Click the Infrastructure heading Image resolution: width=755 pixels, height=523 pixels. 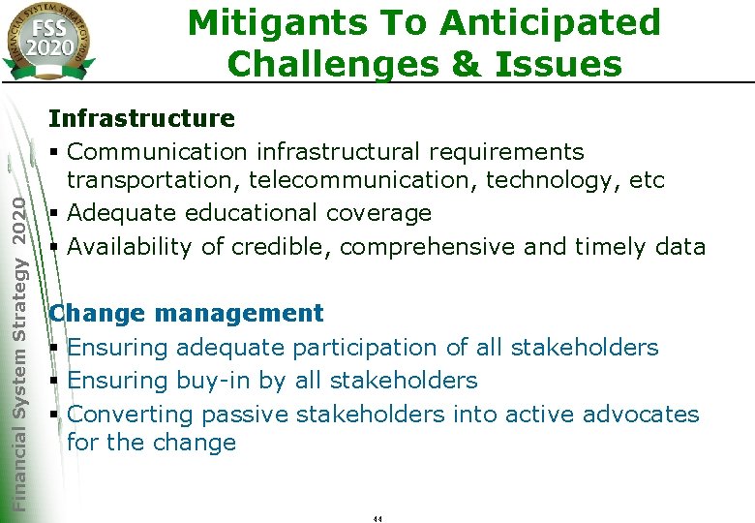pos(141,118)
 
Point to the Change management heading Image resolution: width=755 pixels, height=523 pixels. pos(186,313)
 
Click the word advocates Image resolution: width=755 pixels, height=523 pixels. pos(641,414)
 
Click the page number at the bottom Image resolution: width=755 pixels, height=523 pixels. pos(377,519)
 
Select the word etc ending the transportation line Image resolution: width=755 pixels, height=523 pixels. pos(646,179)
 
